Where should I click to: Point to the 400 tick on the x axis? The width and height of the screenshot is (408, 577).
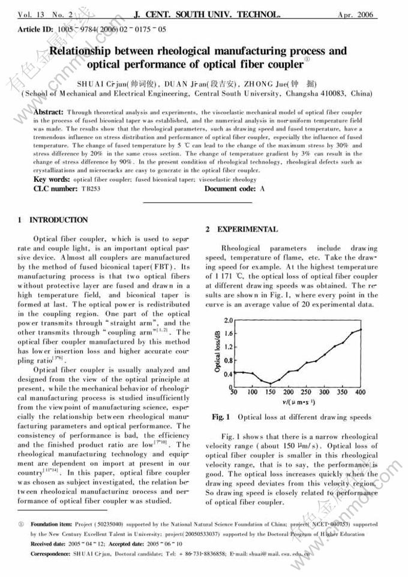pyautogui.click(x=360, y=392)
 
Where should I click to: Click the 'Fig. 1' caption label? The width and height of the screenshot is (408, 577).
pyautogui.click(x=221, y=417)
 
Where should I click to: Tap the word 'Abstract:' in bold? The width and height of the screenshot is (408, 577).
pyautogui.click(x=49, y=112)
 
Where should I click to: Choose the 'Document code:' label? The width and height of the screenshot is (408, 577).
pyautogui.click(x=230, y=189)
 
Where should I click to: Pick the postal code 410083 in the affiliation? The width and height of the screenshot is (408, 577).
pyautogui.click(x=334, y=94)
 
